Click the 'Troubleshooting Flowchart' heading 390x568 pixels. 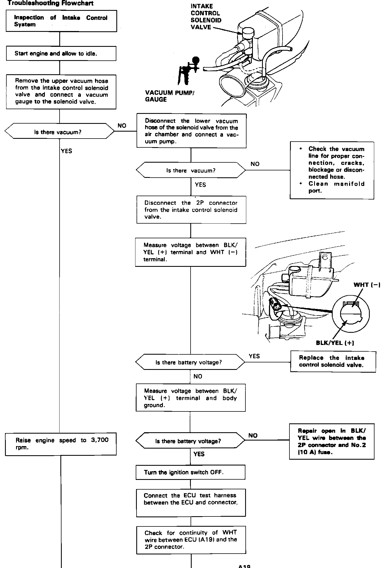point(50,3)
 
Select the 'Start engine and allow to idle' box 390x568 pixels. point(61,53)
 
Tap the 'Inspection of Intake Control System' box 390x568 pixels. point(61,21)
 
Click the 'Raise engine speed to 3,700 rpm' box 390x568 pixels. point(61,444)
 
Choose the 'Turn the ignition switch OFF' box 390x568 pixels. point(191,472)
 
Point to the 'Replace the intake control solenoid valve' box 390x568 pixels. point(333,362)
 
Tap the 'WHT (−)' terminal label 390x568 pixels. point(367,285)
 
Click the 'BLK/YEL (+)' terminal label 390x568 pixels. point(335,343)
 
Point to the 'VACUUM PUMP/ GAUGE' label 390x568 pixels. point(170,96)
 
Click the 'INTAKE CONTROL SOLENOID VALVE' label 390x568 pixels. point(206,17)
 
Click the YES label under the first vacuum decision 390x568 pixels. point(66,151)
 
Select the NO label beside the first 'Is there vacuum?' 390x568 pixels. point(122,126)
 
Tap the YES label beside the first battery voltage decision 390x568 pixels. point(254,356)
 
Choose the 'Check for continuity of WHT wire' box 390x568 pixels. point(191,540)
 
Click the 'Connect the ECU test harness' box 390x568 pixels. point(191,503)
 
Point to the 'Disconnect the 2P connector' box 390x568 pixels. point(191,210)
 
